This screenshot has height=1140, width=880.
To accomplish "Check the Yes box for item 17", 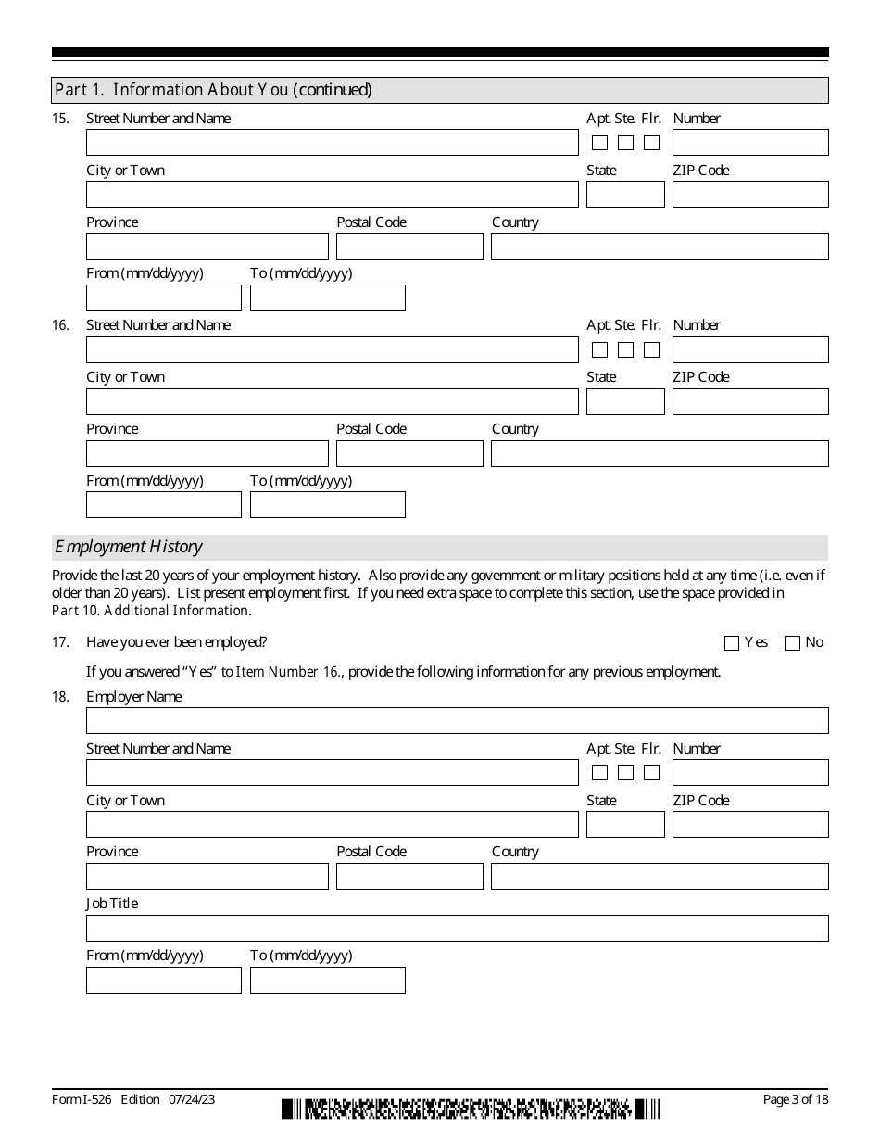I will pyautogui.click(x=732, y=643).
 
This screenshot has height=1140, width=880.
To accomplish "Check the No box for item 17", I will pyautogui.click(x=792, y=643).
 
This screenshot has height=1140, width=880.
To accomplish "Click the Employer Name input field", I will pyautogui.click(x=457, y=721).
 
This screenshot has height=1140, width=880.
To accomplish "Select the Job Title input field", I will pyautogui.click(x=457, y=928).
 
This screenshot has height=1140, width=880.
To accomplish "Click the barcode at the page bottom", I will pyautogui.click(x=471, y=1108).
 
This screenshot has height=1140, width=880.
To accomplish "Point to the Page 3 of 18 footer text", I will pyautogui.click(x=795, y=1099).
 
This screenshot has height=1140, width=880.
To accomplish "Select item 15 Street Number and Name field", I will pyautogui.click(x=332, y=143).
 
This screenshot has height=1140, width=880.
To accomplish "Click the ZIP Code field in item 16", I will pyautogui.click(x=749, y=401).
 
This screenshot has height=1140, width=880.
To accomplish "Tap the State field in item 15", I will pyautogui.click(x=625, y=195).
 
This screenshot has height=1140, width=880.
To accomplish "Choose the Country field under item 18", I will pyautogui.click(x=659, y=876).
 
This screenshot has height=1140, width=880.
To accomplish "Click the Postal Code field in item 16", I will pyautogui.click(x=409, y=453).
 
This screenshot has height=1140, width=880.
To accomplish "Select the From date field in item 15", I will pyautogui.click(x=163, y=298).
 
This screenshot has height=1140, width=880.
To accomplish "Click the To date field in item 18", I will pyautogui.click(x=327, y=980).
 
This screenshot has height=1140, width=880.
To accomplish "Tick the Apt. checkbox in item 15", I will pyautogui.click(x=599, y=143).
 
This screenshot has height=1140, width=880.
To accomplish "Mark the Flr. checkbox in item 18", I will pyautogui.click(x=651, y=773).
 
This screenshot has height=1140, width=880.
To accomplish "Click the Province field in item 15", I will pyautogui.click(x=207, y=247).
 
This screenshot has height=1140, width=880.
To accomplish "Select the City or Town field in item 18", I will pyautogui.click(x=332, y=825).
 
